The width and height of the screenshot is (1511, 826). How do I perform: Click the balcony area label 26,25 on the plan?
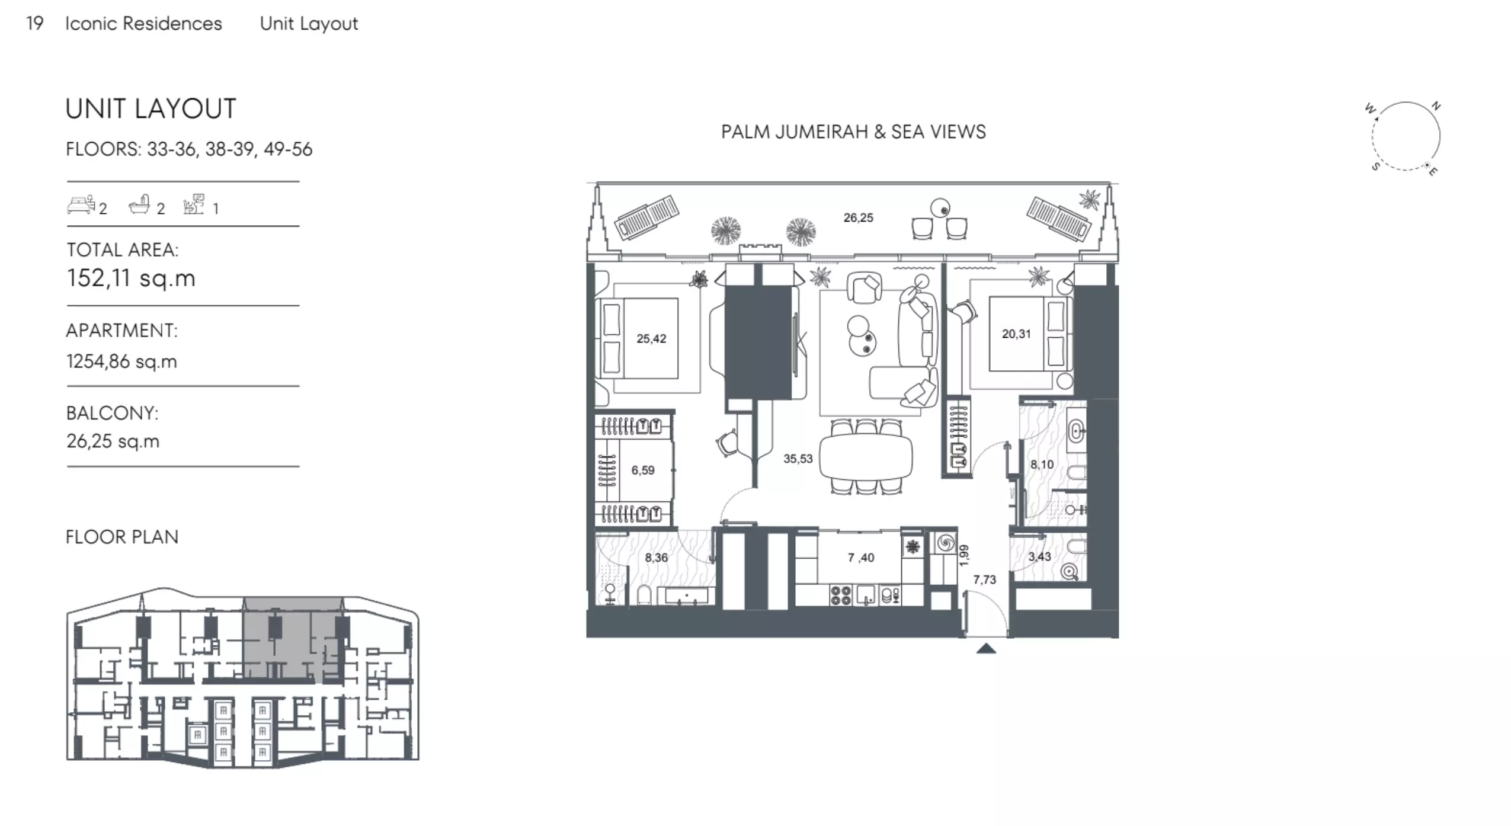point(858,217)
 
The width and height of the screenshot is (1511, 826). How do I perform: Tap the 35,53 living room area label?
point(798,458)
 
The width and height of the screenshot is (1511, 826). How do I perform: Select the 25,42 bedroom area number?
point(651,338)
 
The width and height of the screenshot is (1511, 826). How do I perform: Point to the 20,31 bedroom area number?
point(1016,334)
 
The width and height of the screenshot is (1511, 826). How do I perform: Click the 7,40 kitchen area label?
point(860,557)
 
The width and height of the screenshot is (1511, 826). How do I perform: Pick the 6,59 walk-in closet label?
point(642,470)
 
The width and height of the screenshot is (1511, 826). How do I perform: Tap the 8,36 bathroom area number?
point(656,557)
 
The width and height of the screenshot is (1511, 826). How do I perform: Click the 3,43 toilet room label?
point(1039,556)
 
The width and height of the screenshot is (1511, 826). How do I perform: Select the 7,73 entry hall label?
point(984,580)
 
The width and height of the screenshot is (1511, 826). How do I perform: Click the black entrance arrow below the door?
point(986,648)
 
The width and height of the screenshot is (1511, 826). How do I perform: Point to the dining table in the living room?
point(866,457)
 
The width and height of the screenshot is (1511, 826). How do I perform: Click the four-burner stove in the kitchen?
point(840,595)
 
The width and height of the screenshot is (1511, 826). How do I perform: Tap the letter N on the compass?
point(1436,107)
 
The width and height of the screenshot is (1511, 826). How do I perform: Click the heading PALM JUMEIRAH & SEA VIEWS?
point(853,132)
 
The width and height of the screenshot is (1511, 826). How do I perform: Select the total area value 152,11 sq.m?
point(131,278)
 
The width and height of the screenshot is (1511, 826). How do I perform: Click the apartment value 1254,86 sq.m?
point(121,361)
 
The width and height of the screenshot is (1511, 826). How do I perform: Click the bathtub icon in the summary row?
point(139,204)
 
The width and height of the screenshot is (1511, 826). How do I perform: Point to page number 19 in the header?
point(35,23)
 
